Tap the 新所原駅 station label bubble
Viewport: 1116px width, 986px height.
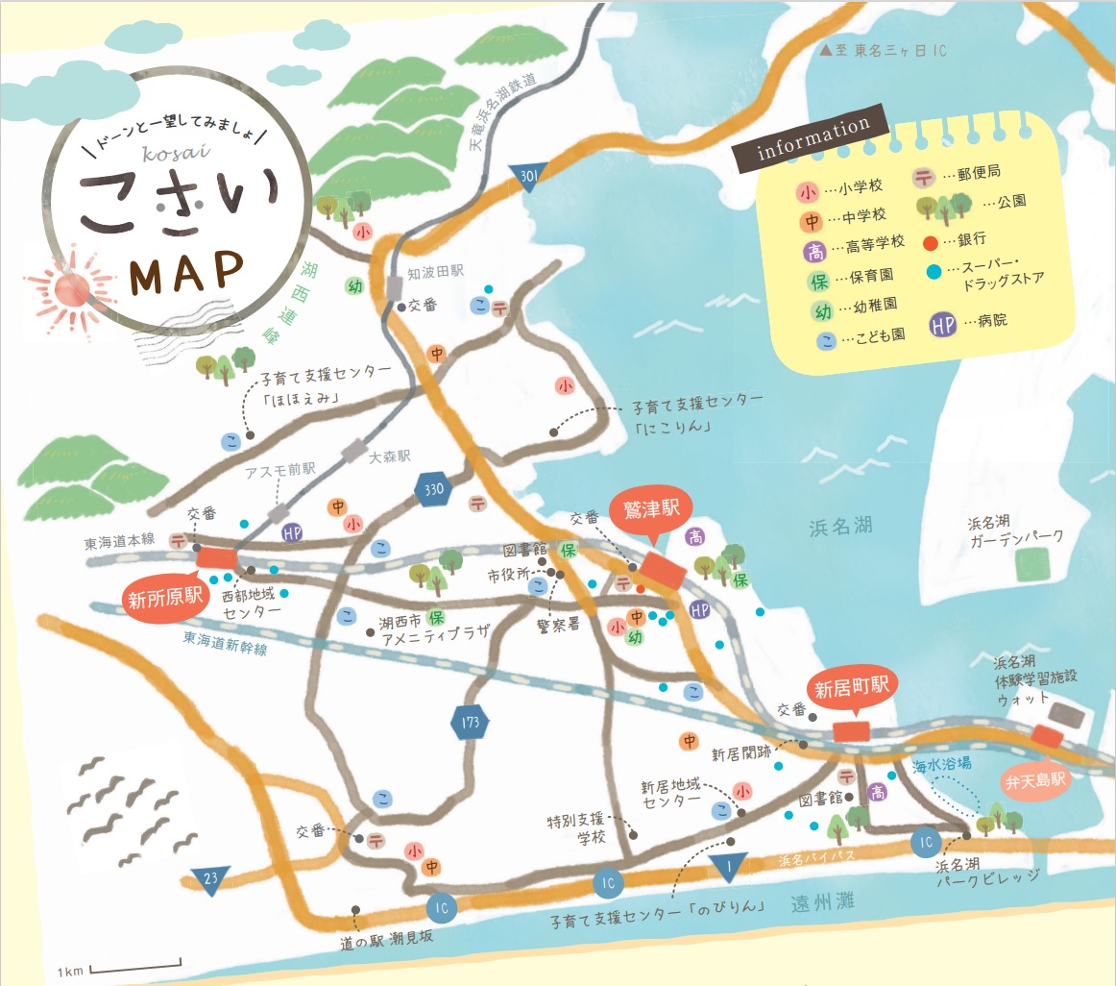coord(167,600)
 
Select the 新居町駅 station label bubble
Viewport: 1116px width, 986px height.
coord(854,688)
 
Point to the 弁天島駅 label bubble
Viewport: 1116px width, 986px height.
coord(1035,781)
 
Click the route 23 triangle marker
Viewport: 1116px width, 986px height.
coord(208,878)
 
